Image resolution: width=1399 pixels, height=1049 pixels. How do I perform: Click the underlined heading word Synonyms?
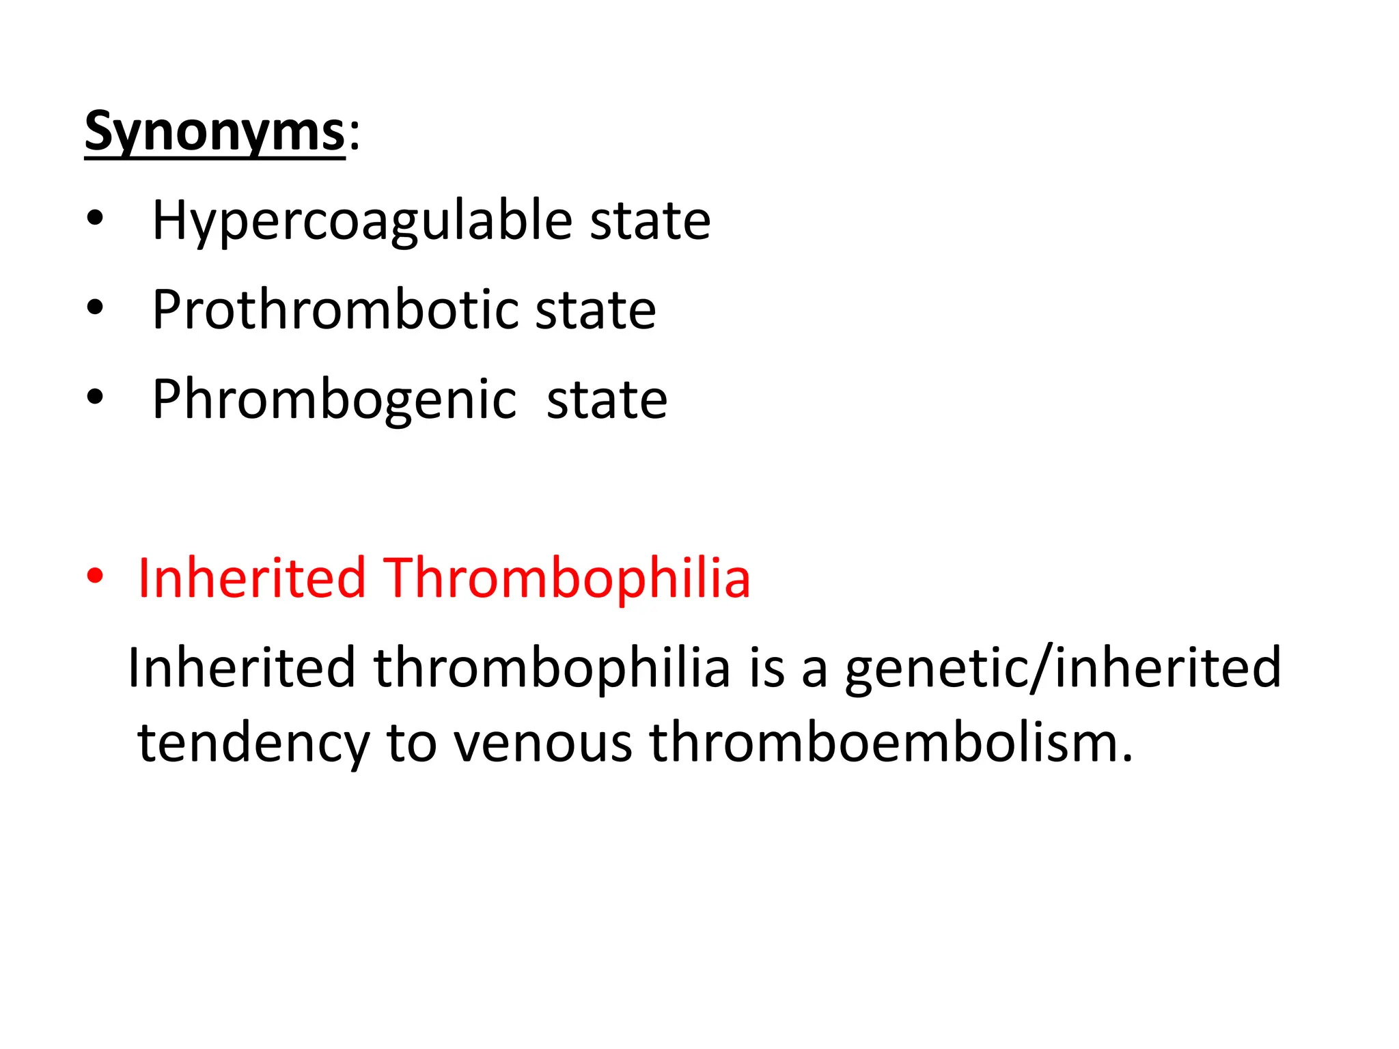coord(214,132)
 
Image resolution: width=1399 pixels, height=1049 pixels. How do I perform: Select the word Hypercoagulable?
coord(362,221)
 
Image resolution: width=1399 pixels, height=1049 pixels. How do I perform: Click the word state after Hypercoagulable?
coord(650,221)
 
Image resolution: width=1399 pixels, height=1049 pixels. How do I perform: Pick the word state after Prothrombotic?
coord(595,310)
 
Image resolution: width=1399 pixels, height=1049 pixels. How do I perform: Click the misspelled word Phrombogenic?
coord(334,400)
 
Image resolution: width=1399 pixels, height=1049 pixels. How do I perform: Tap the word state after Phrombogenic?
coord(607,400)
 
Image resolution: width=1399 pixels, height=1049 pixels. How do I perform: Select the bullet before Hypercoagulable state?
coord(95,219)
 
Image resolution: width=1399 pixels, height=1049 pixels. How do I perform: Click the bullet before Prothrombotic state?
coord(95,309)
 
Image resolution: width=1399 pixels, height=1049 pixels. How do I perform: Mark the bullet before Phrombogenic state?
coord(95,397)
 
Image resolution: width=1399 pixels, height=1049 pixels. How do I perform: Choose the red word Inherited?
coord(251,578)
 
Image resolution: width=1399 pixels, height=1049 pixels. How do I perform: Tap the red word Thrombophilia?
coord(566,578)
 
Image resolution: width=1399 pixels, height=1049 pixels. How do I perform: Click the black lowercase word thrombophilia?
coord(552,668)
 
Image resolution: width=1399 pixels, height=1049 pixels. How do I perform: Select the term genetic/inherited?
coord(1063,668)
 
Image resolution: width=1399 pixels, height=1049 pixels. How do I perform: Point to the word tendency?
coord(253,743)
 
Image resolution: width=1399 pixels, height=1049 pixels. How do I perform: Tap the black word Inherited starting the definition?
coord(242,668)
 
